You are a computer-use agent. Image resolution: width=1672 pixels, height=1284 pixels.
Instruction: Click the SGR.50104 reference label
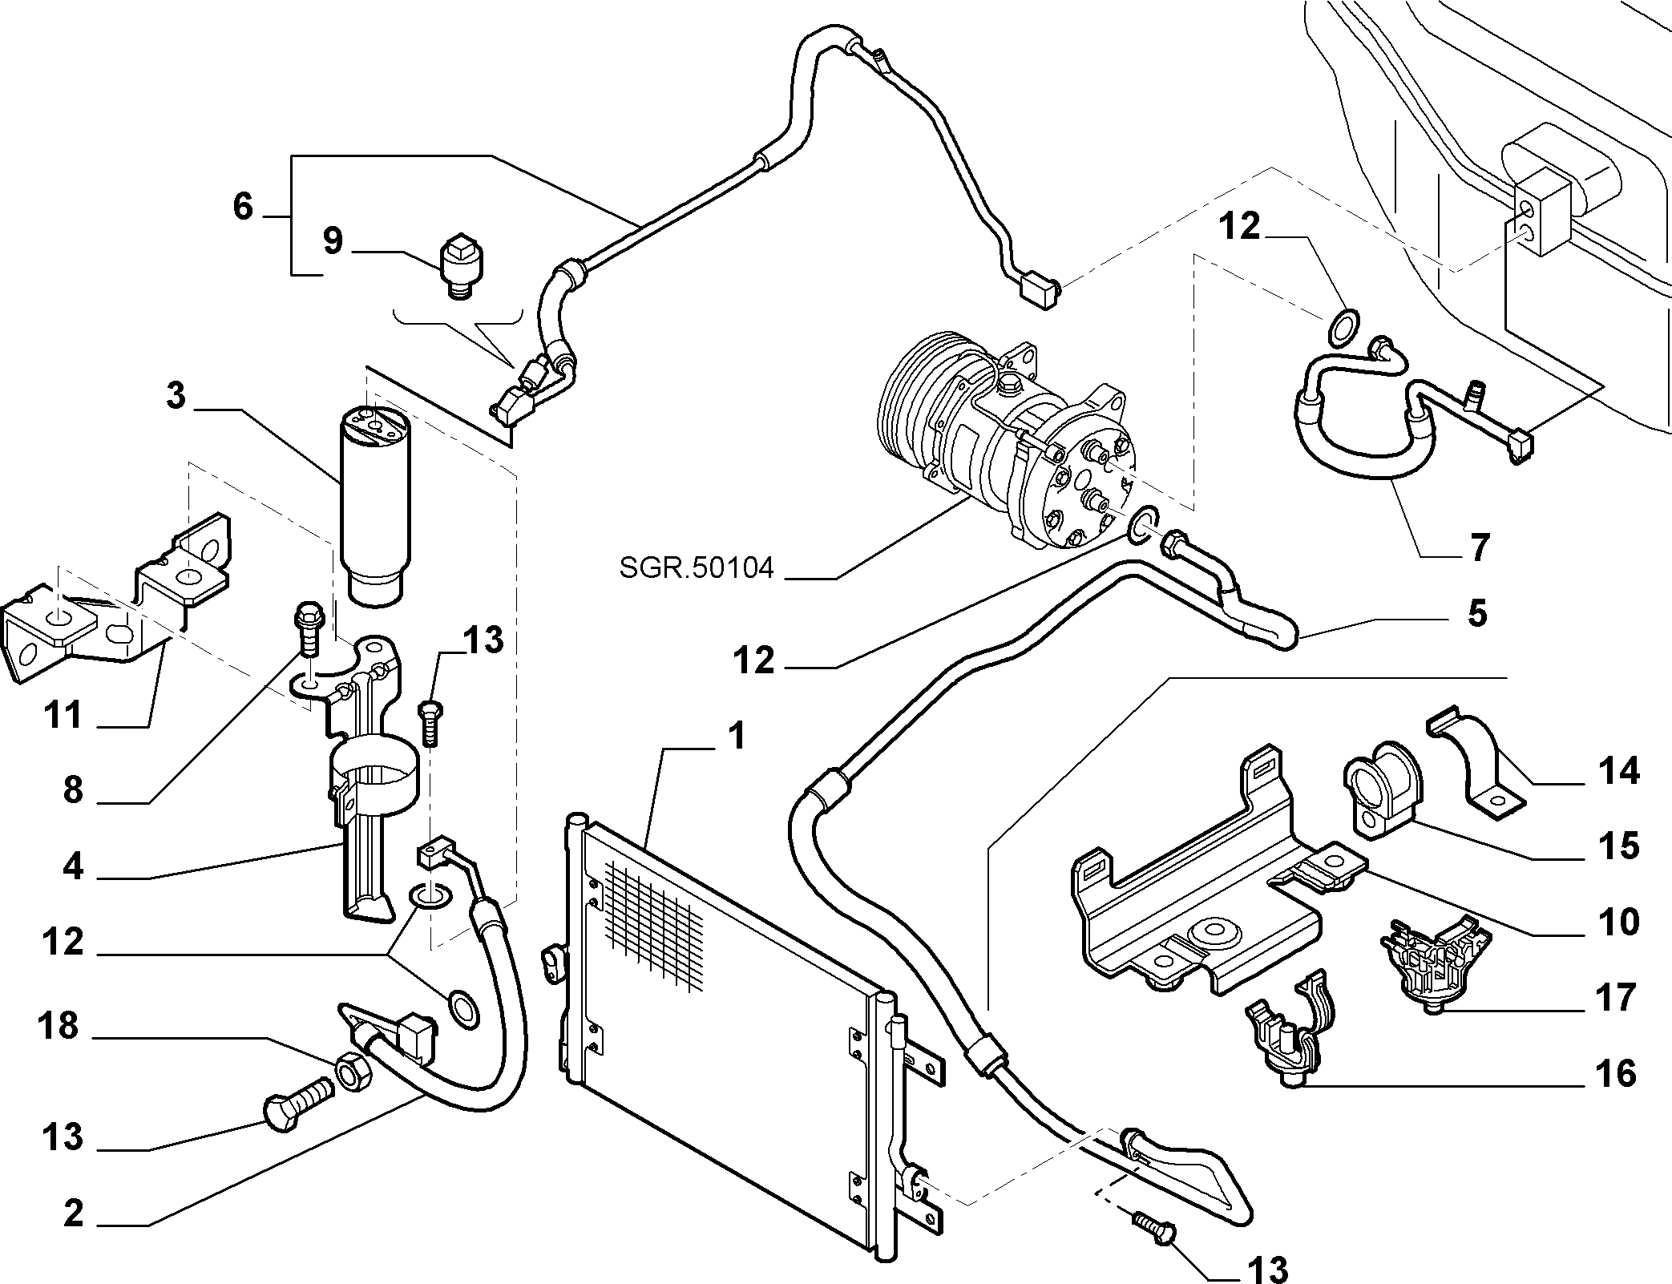pos(697,568)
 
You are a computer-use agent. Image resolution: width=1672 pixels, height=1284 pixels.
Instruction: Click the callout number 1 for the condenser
pos(736,736)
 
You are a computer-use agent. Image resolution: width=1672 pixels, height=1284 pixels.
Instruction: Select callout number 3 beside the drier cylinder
pos(176,397)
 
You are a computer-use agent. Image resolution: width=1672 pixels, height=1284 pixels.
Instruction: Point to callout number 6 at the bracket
pos(243,206)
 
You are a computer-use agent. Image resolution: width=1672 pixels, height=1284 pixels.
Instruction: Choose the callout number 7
pos(1479,547)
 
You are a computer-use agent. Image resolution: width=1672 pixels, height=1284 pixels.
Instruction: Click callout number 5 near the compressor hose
pos(1476,613)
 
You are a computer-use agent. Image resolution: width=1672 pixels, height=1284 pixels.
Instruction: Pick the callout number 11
pos(63,714)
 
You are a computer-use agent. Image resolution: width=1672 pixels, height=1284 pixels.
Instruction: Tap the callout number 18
pos(60,1026)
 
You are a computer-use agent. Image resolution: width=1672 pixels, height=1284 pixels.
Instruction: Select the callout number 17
pos(1616,999)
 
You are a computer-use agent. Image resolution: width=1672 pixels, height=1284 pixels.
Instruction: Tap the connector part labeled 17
pos(1432,970)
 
